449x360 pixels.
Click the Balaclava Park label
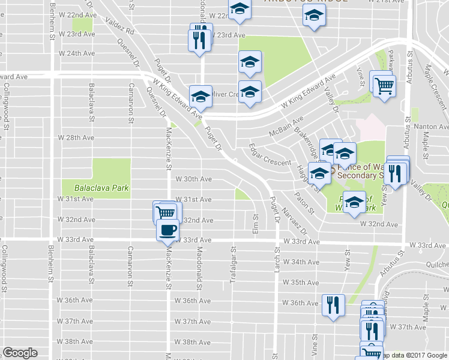[x=103, y=188]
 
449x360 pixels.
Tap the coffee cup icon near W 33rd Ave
[x=167, y=229]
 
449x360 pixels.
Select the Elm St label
[x=256, y=224]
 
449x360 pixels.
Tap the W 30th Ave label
[x=193, y=179]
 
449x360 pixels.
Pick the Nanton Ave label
[x=434, y=127]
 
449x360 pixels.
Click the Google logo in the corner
[x=20, y=353]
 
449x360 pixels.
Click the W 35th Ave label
[x=301, y=282]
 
